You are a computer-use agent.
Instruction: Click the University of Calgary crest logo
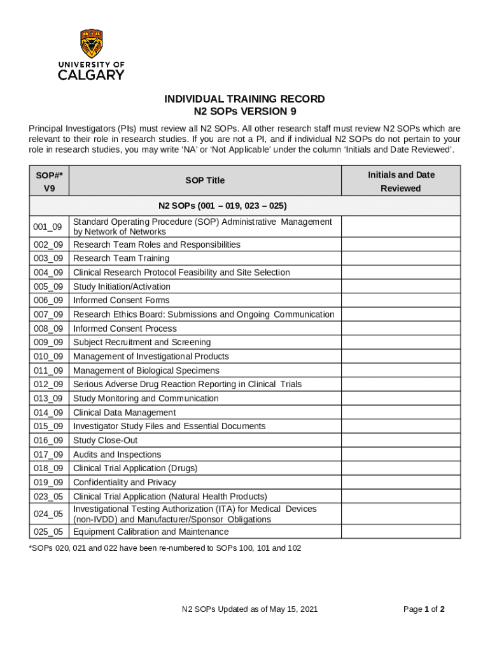92,44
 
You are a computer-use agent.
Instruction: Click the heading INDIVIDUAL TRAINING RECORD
244,99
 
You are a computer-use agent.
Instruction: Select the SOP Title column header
205,180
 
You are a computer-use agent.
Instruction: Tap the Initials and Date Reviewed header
401,181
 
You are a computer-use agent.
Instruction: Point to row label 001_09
48,227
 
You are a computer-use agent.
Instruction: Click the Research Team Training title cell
121,259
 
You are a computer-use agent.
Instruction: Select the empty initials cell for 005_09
401,287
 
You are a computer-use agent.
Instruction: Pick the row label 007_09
48,315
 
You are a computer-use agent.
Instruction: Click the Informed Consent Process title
125,329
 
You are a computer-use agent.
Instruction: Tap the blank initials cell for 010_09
401,357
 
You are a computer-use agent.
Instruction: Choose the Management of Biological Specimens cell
146,371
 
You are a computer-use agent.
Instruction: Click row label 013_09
48,399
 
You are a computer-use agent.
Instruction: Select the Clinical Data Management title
124,413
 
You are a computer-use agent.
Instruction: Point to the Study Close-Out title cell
105,441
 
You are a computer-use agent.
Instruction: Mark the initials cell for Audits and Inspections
401,455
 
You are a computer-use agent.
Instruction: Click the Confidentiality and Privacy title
124,483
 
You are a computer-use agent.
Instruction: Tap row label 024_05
48,514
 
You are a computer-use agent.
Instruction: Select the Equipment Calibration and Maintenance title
151,532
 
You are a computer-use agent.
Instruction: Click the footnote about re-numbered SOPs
165,548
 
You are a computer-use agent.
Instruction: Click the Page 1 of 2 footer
424,609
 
